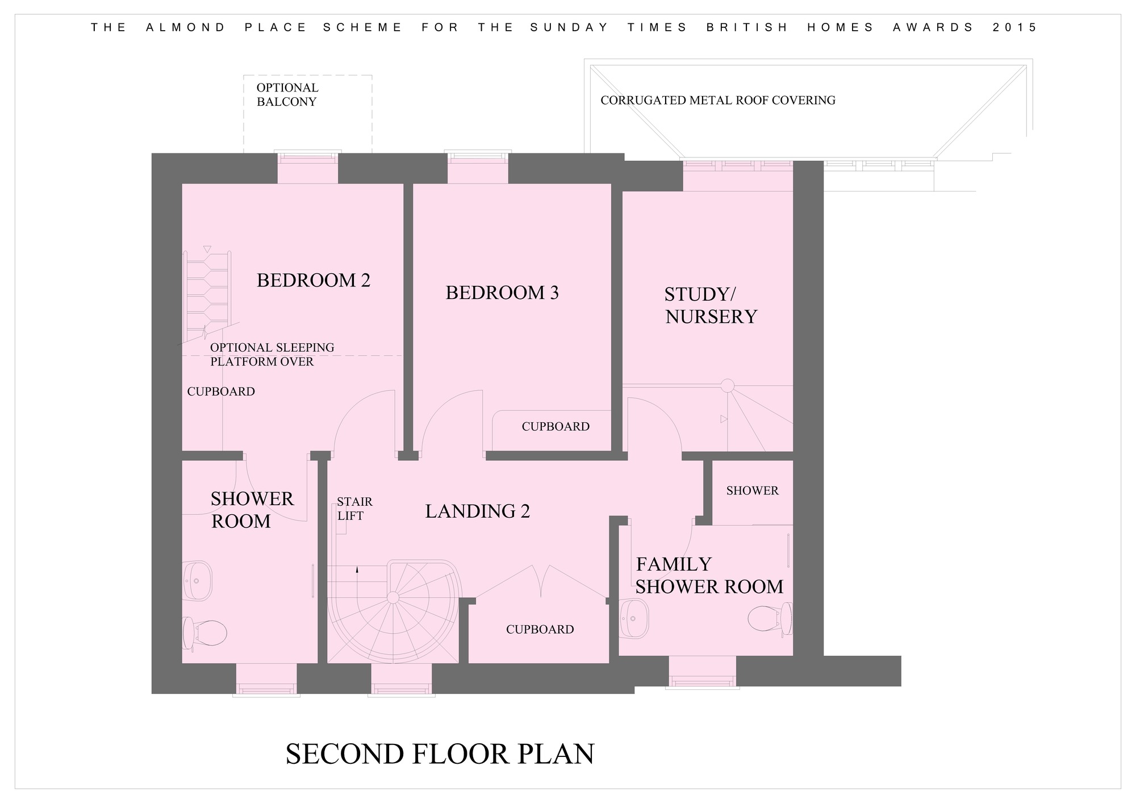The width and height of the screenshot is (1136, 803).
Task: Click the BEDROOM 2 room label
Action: click(314, 280)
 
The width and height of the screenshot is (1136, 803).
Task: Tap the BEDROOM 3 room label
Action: click(502, 293)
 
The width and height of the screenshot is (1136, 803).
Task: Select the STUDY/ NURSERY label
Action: click(711, 305)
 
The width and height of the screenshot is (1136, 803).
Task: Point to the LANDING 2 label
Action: click(478, 511)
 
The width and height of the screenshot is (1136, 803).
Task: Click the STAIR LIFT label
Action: click(354, 509)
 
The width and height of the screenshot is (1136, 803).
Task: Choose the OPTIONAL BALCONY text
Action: click(287, 95)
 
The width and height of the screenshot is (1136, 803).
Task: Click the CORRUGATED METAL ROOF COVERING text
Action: click(718, 101)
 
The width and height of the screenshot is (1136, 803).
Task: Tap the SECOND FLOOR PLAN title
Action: click(440, 754)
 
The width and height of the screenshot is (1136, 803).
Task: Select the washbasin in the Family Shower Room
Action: click(634, 618)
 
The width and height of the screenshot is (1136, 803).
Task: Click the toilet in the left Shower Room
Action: click(204, 633)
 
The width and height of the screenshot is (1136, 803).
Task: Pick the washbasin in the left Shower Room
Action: click(197, 581)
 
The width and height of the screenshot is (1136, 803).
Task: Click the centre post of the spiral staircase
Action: click(392, 597)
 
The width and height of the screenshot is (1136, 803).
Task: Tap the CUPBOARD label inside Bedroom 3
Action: click(556, 427)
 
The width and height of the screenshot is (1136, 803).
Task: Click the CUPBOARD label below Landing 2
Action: click(540, 630)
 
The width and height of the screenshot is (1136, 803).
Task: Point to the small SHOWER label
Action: click(752, 491)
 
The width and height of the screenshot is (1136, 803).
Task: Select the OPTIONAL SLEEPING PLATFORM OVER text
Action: click(272, 355)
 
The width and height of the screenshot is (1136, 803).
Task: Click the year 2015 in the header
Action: click(1015, 27)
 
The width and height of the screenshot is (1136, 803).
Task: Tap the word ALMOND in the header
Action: click(186, 27)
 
